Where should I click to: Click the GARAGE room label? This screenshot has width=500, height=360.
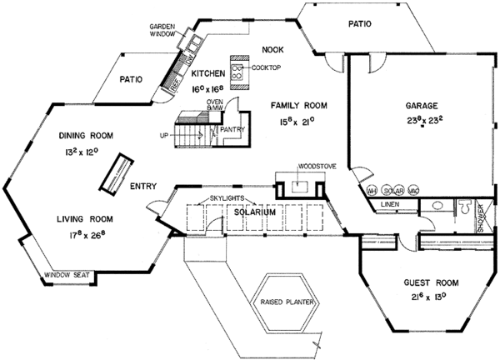[x=422, y=106]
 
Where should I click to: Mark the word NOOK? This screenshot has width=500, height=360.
[x=273, y=49]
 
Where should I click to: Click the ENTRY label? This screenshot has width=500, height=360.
[x=142, y=187]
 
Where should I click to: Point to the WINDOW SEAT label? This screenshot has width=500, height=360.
[x=72, y=274]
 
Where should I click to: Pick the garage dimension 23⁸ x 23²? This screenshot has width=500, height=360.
[x=422, y=120]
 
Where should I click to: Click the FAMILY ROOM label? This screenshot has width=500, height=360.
[x=297, y=106]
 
